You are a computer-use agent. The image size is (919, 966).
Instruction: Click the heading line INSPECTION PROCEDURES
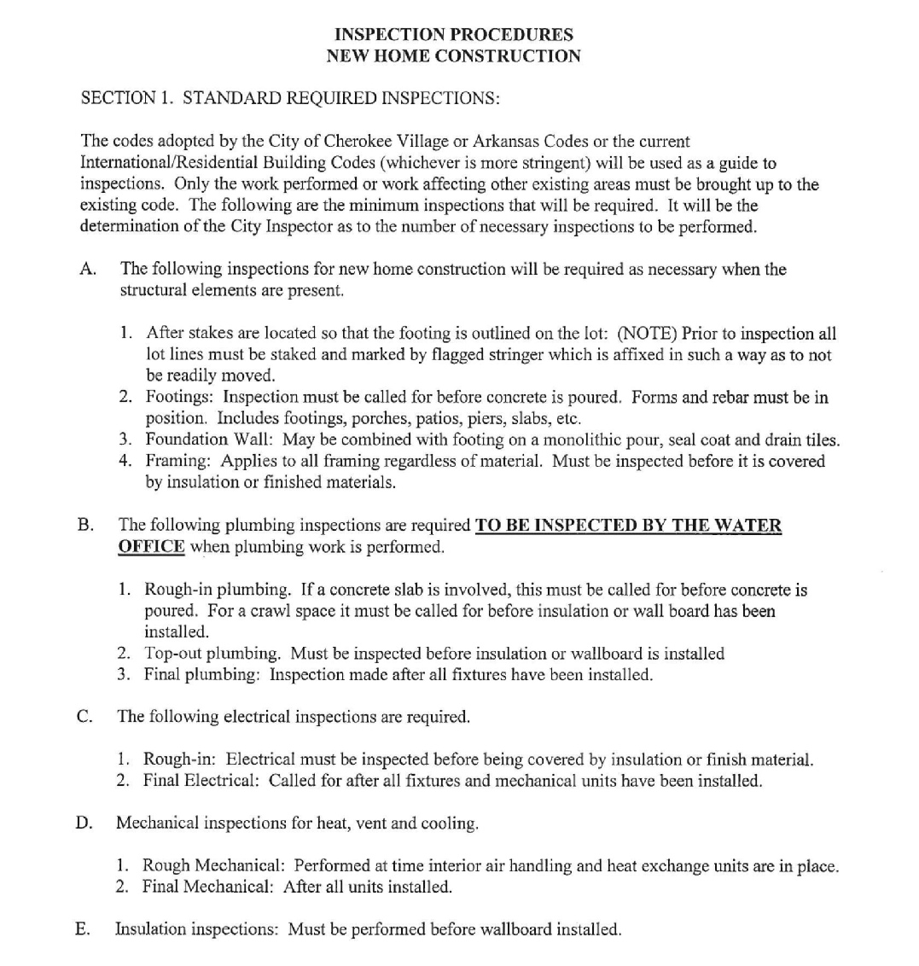click(x=453, y=35)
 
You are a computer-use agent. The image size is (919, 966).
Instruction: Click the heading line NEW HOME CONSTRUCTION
click(x=453, y=56)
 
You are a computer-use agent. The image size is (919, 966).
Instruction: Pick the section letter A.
click(x=86, y=270)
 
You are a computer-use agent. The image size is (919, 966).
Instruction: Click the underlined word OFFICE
click(x=151, y=547)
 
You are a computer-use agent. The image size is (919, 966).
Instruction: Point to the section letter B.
click(x=85, y=526)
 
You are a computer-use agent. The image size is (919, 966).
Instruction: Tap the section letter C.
click(x=84, y=717)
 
